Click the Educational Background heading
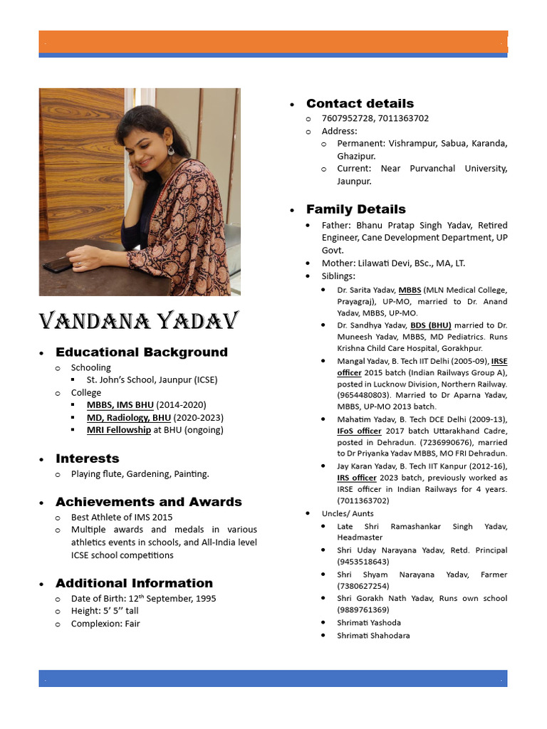(x=142, y=352)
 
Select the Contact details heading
(x=360, y=103)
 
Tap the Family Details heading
(x=356, y=209)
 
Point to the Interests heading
(x=88, y=458)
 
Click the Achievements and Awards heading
(x=149, y=502)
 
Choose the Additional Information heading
(x=135, y=583)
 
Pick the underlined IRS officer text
(x=357, y=478)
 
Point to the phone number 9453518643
(x=363, y=562)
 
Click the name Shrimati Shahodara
(x=373, y=636)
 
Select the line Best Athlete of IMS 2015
(x=122, y=517)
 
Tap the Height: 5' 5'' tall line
(x=105, y=611)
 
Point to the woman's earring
(x=171, y=151)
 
